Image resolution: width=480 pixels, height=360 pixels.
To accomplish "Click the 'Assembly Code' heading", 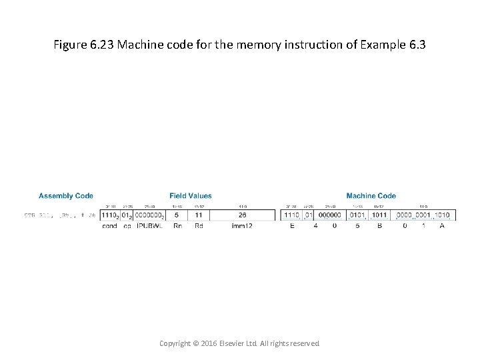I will [66, 196].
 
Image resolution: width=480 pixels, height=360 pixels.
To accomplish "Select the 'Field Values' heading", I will [191, 196].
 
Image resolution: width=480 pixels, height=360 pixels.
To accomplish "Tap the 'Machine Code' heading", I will [371, 196].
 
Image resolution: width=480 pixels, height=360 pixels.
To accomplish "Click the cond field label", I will [109, 226].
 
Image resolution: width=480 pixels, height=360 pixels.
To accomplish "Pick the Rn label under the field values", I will [177, 226].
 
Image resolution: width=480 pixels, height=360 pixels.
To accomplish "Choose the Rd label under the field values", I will [199, 226].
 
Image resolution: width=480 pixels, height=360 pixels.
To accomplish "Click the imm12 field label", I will [242, 226].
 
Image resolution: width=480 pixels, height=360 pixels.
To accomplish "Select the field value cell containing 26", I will [242, 215].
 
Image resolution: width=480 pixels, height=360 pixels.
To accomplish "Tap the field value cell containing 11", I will [199, 215].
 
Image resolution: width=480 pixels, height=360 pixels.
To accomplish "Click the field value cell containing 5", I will [177, 215].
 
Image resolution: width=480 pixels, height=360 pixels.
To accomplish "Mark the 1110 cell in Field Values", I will [109, 215].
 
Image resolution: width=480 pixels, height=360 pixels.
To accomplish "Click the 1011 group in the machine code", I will [379, 215].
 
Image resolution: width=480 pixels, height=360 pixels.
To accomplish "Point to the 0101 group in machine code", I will [357, 215].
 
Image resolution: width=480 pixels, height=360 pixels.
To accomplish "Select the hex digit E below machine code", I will [292, 226].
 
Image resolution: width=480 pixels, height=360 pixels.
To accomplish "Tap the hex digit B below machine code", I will [379, 226].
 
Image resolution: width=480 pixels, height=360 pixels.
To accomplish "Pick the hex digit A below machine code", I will [442, 226].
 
